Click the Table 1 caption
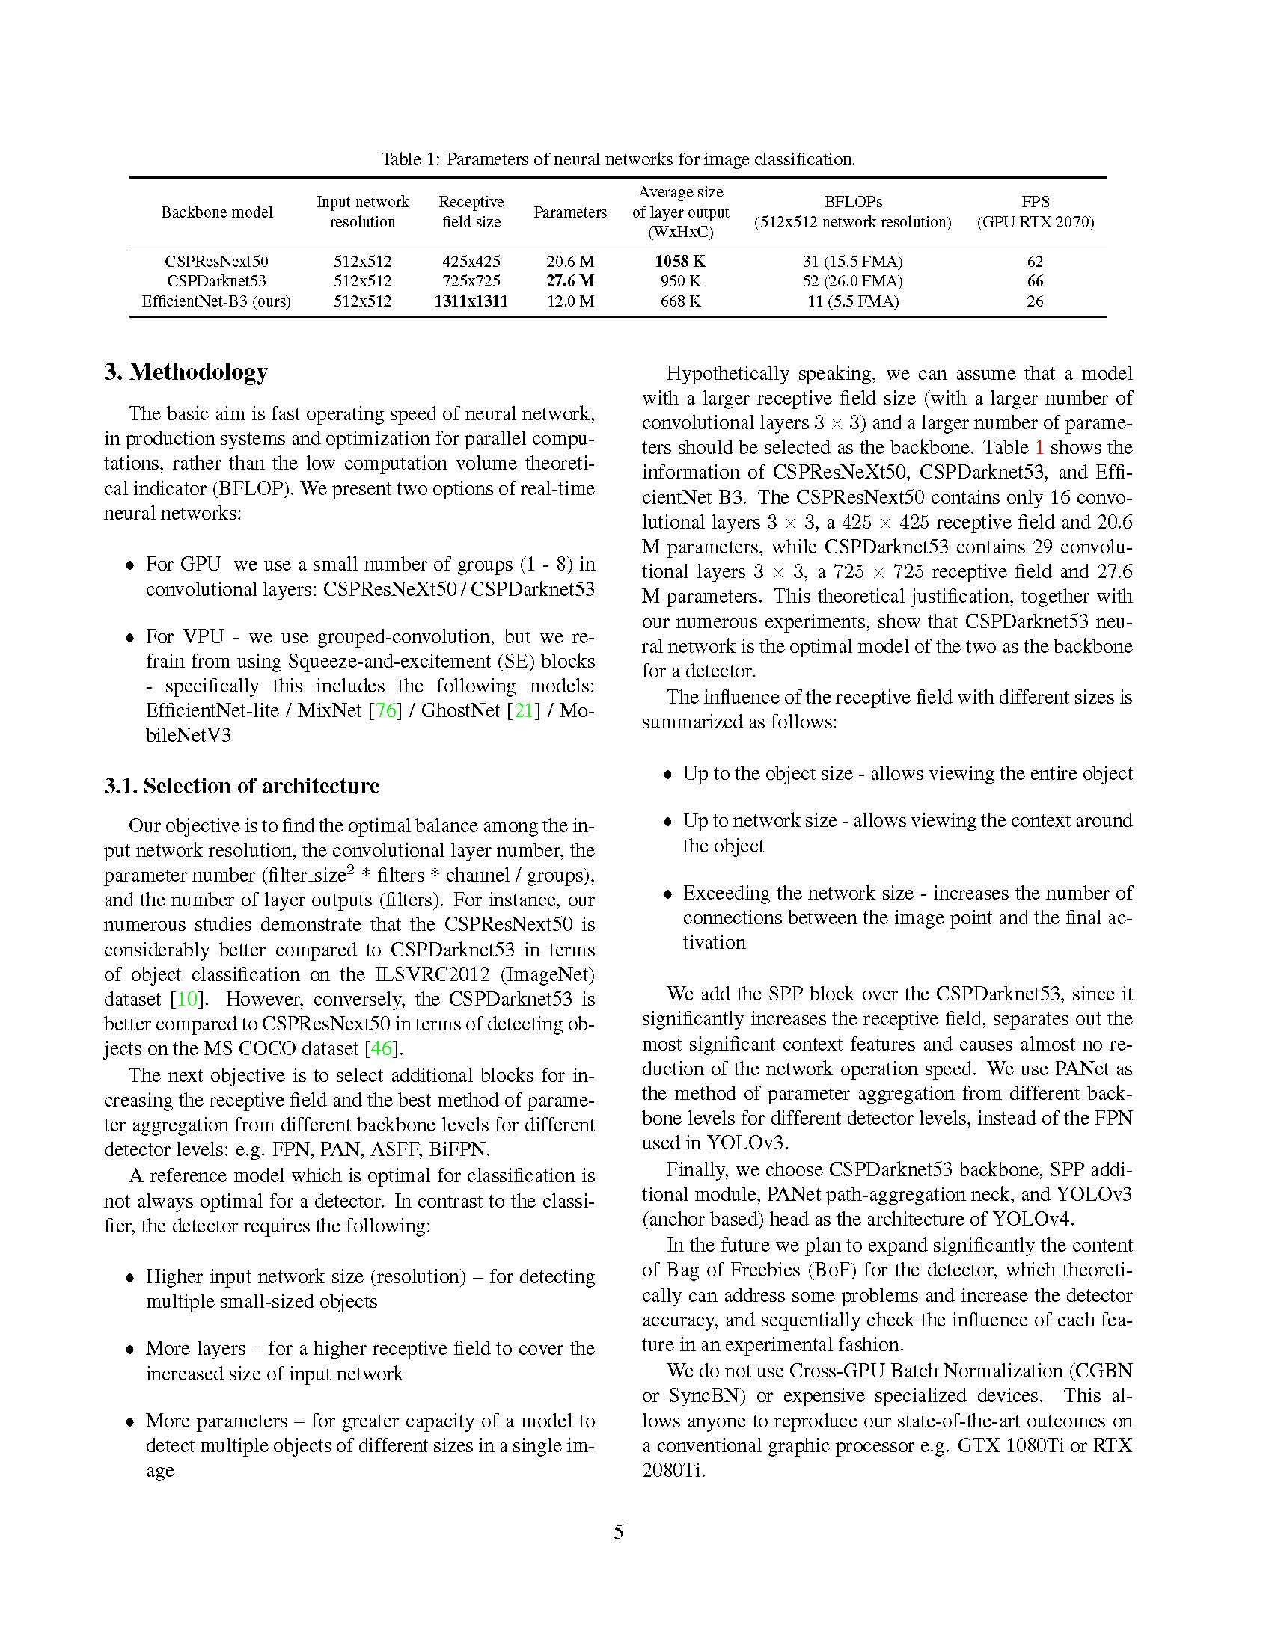pos(618,159)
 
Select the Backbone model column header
pos(216,212)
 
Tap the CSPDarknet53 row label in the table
pos(216,281)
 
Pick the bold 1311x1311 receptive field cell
pos(471,301)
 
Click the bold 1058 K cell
pos(679,262)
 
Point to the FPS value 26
pos(1035,301)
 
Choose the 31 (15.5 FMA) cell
pos(852,262)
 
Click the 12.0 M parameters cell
pos(569,301)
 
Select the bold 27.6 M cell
pos(569,281)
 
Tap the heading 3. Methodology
pos(186,372)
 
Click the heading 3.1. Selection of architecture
pos(241,786)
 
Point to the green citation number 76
pos(386,710)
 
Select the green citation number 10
pos(187,999)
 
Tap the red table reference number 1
pos(1039,447)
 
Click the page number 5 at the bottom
pos(619,1532)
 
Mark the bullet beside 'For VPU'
pos(130,638)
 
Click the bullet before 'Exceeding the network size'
pos(667,894)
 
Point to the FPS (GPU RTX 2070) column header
pos(1035,212)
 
